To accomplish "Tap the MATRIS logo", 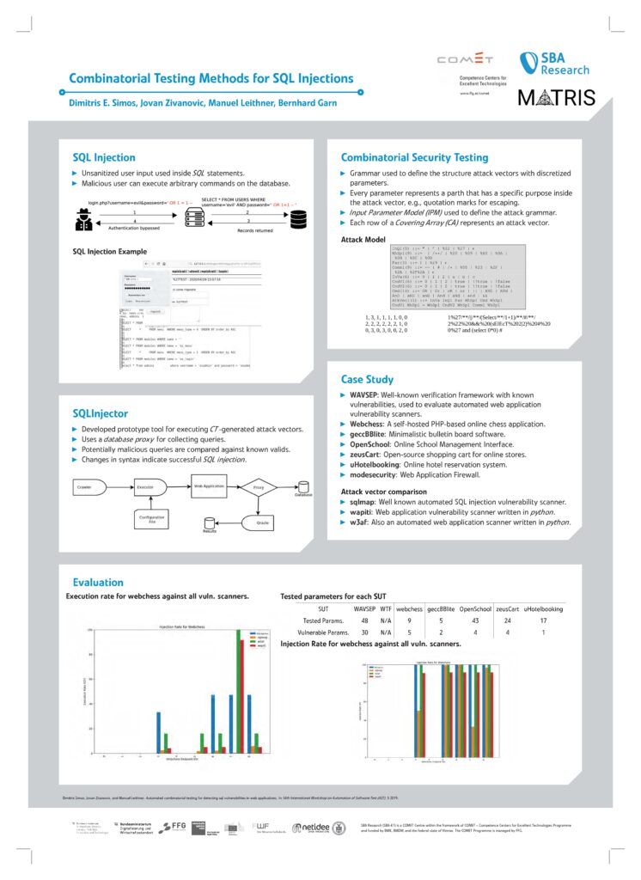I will click(556, 97).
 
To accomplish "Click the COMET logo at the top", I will click(466, 60).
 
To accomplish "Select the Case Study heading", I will click(368, 379).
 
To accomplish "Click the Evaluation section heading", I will click(99, 582).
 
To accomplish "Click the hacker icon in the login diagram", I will click(87, 217).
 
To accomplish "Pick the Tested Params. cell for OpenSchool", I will click(474, 620).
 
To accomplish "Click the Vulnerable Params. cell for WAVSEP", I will click(365, 632).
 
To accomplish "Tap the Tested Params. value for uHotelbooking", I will click(543, 620).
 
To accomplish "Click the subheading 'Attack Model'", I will click(363, 239).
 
